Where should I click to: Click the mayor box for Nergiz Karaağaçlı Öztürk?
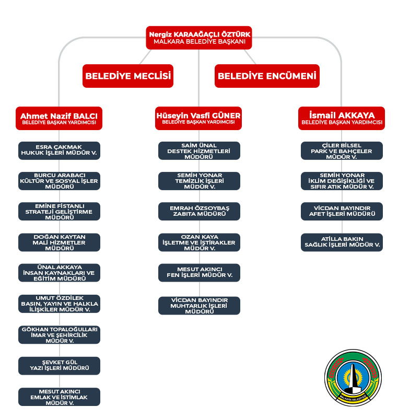coord(198,37)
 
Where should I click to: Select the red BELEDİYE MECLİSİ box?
coord(128,76)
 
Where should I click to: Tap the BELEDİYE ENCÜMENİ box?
coord(267,76)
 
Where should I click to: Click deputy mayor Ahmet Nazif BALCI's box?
coord(59,118)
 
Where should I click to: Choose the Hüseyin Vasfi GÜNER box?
coord(198,118)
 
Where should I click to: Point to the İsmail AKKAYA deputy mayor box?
coord(342,118)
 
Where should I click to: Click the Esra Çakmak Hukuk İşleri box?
coord(59,150)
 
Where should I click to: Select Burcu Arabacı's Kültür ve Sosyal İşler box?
coord(59,181)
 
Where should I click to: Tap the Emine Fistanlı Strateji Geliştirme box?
coord(59,212)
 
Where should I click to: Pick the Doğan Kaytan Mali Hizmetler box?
coord(59,242)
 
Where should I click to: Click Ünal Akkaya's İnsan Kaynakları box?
coord(59,273)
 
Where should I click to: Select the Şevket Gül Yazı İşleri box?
coord(59,365)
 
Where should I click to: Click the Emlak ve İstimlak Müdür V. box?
coord(59,397)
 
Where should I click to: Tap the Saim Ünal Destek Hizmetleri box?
coord(199,150)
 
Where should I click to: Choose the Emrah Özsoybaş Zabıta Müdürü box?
coord(199,211)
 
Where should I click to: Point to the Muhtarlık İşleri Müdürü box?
coord(199,306)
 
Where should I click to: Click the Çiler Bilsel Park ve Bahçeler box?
coord(342,150)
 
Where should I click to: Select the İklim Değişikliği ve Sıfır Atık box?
coord(342,181)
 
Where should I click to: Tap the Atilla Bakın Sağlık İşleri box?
coord(342,242)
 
